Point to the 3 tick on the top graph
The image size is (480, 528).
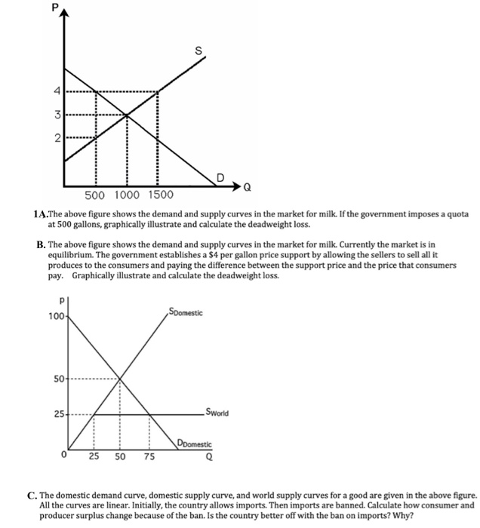coord(54,115)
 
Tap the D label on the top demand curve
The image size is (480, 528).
coord(220,177)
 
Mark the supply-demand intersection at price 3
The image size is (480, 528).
coord(126,115)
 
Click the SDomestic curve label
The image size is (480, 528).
coord(186,312)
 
